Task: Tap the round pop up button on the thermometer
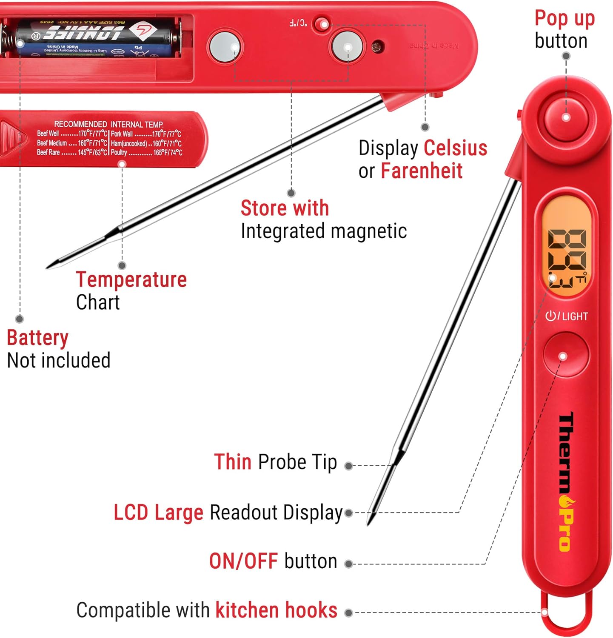click(x=566, y=117)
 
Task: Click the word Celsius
click(x=455, y=148)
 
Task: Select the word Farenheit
click(x=421, y=171)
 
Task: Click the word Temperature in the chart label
click(x=131, y=280)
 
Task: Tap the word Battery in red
click(x=37, y=338)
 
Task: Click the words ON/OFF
click(x=243, y=561)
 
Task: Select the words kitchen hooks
click(x=276, y=610)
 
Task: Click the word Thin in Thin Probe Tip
click(x=233, y=462)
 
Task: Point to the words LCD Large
click(x=158, y=513)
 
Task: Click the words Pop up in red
click(x=564, y=19)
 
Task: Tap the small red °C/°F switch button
click(x=321, y=23)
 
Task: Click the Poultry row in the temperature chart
click(x=146, y=153)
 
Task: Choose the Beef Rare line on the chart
click(x=72, y=153)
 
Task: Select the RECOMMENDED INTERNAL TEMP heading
click(x=108, y=124)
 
